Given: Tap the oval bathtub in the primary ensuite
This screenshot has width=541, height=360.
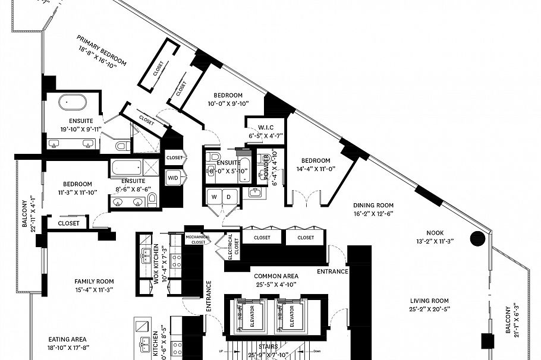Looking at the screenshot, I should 72,103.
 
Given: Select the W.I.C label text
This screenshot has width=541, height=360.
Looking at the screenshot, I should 265,127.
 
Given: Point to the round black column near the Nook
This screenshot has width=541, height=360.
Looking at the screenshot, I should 478,239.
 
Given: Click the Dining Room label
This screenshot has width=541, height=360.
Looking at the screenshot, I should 374,204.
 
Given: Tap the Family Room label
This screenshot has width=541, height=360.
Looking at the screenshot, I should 94,281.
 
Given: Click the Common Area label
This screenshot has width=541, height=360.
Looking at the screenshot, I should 275,276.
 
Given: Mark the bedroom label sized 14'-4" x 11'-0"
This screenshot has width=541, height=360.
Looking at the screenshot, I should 315,160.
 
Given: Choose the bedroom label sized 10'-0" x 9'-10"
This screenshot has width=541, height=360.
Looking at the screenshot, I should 228,96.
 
